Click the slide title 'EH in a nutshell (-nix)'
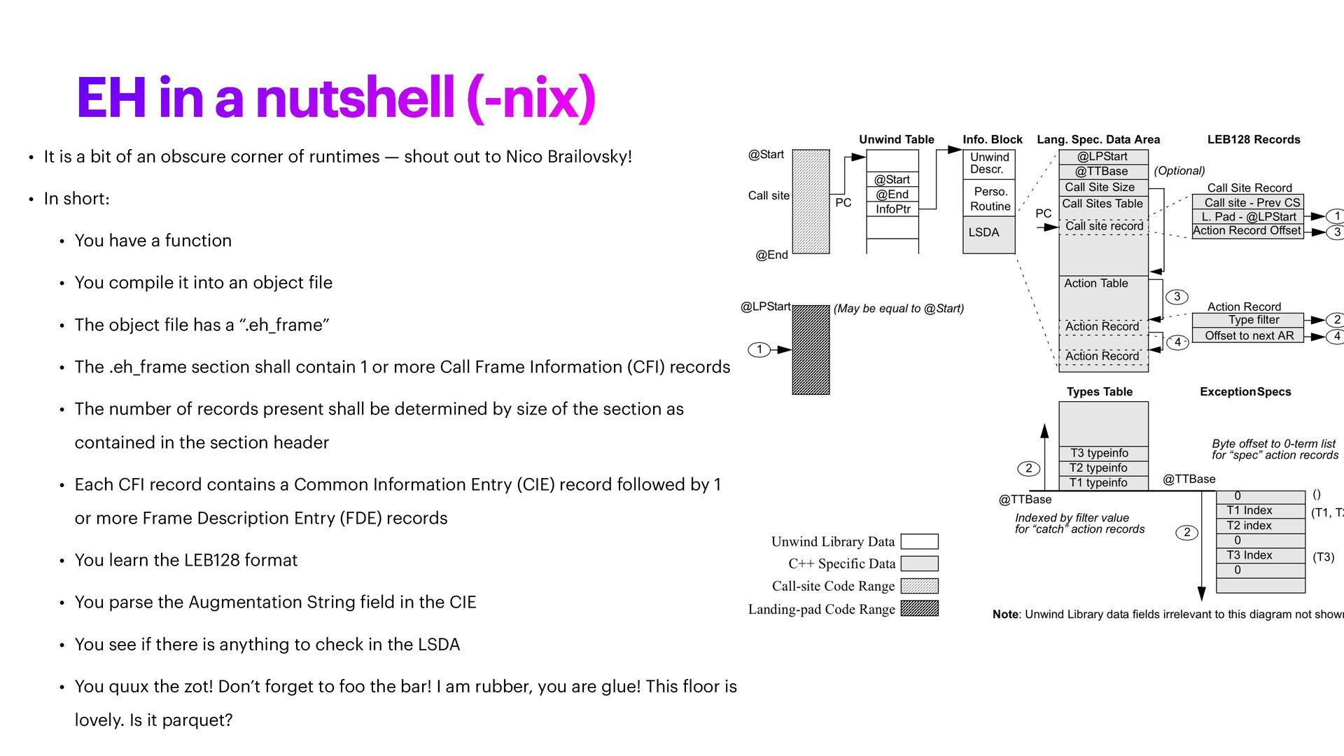click(336, 98)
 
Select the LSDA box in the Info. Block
click(988, 234)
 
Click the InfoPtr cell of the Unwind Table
click(892, 209)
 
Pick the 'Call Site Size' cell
click(1103, 188)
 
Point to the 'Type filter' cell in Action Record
click(1248, 320)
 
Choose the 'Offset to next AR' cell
click(1248, 335)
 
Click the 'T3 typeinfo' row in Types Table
click(1103, 453)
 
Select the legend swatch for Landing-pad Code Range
click(919, 608)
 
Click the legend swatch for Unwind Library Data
click(919, 542)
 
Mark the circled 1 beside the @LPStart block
click(759, 349)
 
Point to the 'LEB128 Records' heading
click(1254, 139)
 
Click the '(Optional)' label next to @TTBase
click(1179, 171)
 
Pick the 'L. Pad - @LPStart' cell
click(1248, 217)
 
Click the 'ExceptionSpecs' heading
click(1245, 392)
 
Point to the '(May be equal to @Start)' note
click(899, 309)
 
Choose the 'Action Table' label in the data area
click(1096, 283)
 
